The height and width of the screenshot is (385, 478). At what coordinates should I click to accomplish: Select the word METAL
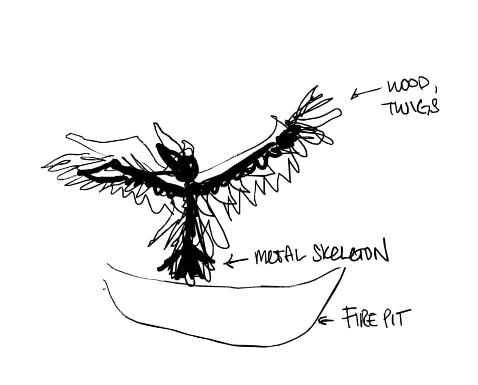click(x=280, y=257)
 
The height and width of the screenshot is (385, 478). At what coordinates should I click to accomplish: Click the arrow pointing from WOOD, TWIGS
click(x=365, y=93)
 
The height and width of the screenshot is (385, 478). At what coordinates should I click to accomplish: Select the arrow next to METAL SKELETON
click(x=236, y=261)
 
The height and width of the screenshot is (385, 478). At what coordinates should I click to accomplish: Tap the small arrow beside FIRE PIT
click(x=325, y=321)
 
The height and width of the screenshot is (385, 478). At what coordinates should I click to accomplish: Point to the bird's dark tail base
click(x=186, y=265)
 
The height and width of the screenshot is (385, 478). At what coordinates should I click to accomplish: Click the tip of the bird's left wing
click(x=43, y=167)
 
